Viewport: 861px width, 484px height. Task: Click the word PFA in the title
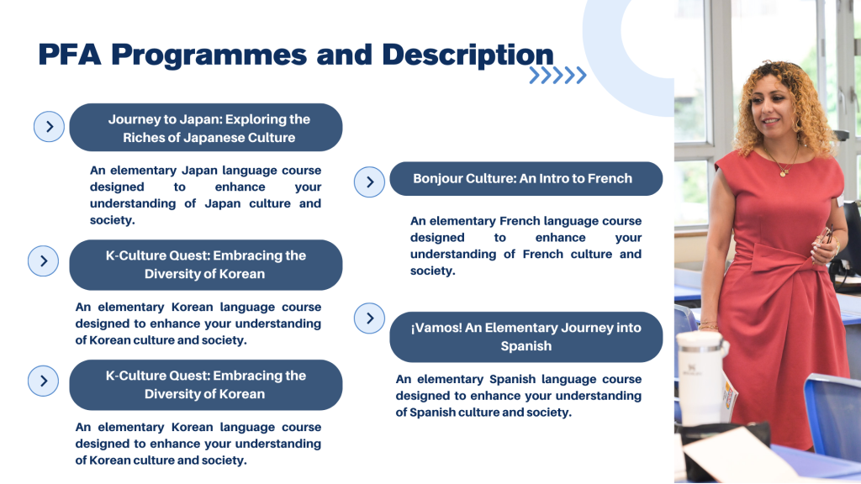70,55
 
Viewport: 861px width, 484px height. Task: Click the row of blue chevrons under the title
558,75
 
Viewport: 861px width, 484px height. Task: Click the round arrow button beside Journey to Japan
49,127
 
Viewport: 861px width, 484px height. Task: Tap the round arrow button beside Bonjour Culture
369,182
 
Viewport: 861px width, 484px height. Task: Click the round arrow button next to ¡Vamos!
369,318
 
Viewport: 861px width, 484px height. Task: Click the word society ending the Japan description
112,220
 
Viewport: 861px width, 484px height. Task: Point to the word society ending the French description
432,271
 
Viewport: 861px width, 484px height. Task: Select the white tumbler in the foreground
702,378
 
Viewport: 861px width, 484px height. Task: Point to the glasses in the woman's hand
825,235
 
